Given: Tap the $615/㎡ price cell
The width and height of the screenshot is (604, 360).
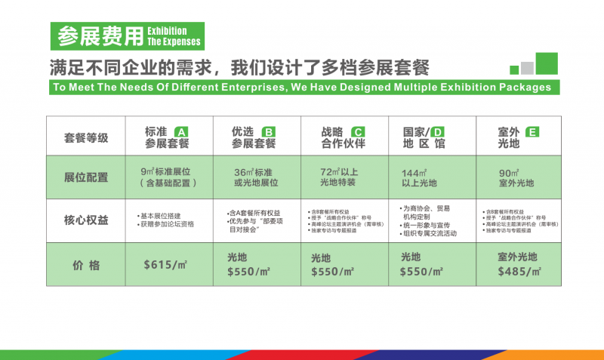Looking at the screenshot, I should coord(165,265).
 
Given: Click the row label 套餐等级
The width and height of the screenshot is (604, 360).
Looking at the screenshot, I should coord(86,137).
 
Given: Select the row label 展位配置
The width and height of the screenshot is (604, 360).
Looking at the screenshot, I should coord(86,177).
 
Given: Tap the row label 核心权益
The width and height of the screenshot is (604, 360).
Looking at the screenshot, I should coord(86,220).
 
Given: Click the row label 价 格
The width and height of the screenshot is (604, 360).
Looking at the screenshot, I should coord(86,265).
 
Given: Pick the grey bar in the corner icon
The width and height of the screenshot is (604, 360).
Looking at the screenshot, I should coord(527,68).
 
